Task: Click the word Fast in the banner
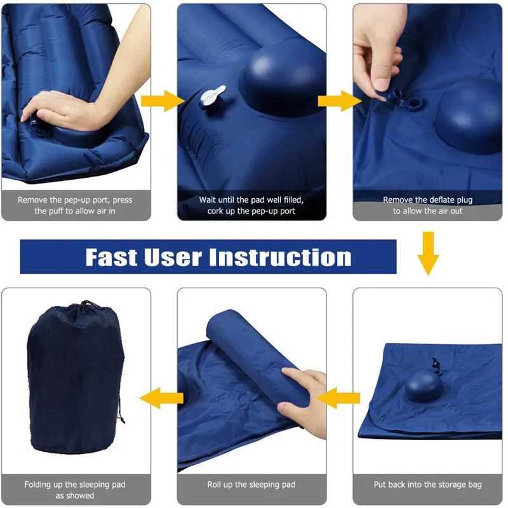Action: click(112, 257)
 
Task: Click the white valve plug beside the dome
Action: click(209, 97)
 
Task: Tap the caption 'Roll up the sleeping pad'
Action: click(251, 485)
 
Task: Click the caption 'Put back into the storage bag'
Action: click(427, 485)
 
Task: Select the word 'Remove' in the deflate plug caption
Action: click(398, 200)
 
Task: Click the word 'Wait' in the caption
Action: click(209, 200)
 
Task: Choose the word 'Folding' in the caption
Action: click(41, 485)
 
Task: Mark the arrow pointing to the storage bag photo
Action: click(156, 398)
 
